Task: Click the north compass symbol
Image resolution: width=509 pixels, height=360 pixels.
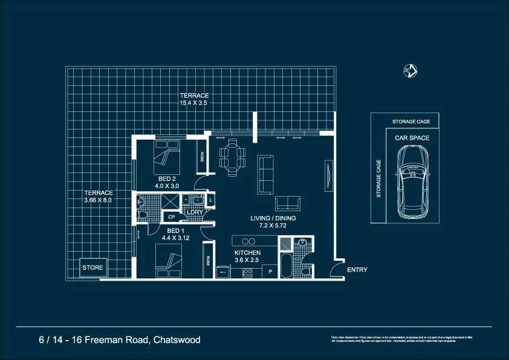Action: point(410,70)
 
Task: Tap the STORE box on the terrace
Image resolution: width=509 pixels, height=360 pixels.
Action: point(92,267)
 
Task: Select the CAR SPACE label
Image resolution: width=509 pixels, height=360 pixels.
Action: point(412,138)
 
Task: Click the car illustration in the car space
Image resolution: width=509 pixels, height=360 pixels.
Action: point(412,184)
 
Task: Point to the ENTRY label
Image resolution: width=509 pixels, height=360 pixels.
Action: point(357,270)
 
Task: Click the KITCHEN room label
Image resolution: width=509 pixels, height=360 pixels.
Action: point(247,252)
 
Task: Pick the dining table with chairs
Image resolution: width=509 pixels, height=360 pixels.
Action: point(233,157)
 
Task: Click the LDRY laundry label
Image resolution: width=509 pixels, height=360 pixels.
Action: point(194,212)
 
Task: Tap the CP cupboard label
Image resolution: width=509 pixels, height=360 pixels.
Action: point(171,217)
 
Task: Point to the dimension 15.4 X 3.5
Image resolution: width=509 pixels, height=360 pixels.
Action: point(193,103)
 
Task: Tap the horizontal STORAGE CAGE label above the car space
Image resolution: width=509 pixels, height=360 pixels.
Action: point(412,122)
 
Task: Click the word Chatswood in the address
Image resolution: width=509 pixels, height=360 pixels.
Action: point(177,340)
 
